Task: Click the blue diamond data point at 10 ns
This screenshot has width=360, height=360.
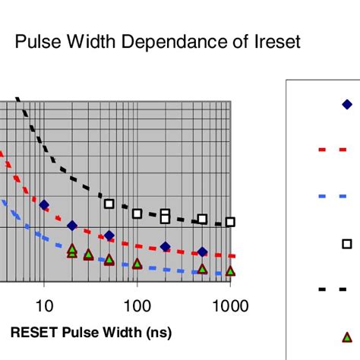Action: click(44, 204)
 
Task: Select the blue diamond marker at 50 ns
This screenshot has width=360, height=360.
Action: click(109, 235)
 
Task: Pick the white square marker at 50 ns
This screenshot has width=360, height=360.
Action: click(109, 204)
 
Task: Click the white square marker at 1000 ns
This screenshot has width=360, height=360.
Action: click(230, 222)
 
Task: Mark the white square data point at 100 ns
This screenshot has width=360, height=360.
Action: click(137, 213)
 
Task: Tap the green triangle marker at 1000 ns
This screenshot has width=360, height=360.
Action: click(230, 270)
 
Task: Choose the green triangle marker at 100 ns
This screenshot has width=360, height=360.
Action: click(137, 264)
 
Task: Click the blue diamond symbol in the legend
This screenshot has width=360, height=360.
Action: click(347, 105)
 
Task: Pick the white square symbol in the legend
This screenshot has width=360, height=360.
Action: click(347, 243)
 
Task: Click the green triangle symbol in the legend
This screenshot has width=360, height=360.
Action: click(347, 336)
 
